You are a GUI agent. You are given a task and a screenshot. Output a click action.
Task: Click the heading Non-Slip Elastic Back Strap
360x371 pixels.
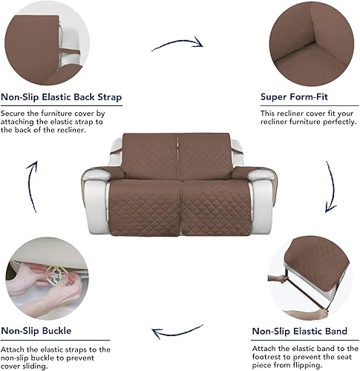tap(62, 97)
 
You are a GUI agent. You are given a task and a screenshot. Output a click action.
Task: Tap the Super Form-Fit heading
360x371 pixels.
tap(294, 97)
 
